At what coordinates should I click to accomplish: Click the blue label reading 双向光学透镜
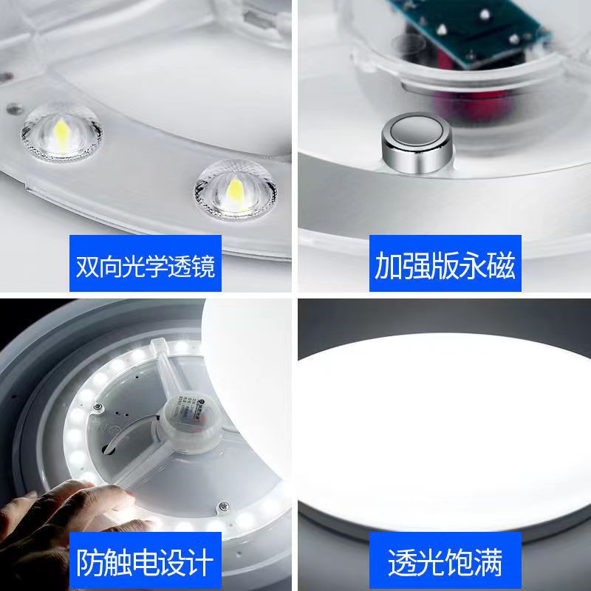coord(146,266)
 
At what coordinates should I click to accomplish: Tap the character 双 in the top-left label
coord(88,266)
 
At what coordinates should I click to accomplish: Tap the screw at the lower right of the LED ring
coord(221,506)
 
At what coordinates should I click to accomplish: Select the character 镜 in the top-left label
coord(202,266)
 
